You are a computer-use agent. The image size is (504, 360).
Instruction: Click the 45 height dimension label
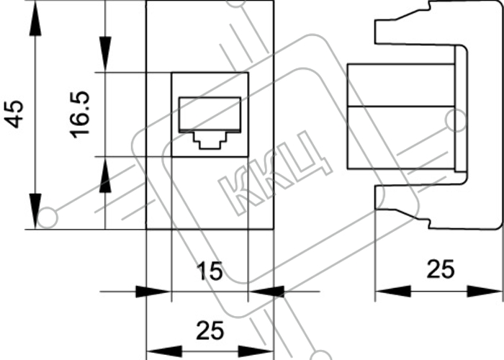[14, 114]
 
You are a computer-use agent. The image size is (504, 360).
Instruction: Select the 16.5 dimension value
[79, 114]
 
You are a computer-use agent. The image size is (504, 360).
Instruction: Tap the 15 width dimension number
[210, 271]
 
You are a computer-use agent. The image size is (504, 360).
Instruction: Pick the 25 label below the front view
[210, 330]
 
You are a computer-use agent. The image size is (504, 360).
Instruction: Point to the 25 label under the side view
[441, 269]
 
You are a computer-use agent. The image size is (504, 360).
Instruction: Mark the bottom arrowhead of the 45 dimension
[35, 211]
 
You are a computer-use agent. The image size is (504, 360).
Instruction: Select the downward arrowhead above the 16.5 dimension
[105, 54]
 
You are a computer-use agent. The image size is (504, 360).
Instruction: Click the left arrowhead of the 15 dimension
[153, 292]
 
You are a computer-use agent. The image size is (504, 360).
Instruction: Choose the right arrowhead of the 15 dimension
[266, 292]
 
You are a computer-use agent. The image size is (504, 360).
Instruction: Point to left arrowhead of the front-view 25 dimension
[164, 351]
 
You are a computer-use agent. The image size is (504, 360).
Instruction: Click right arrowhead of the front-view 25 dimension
[256, 351]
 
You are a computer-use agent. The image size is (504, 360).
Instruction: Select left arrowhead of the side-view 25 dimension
[393, 291]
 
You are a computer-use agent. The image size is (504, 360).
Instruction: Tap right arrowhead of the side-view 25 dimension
[485, 291]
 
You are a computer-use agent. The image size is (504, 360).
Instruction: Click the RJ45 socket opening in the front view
[210, 123]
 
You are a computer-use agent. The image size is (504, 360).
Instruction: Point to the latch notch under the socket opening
[210, 140]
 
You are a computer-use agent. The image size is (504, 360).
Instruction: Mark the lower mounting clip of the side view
[402, 207]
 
